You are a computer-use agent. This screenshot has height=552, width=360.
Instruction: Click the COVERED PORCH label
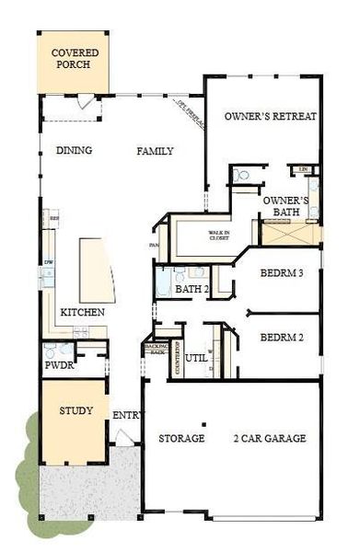pyautogui.click(x=75, y=60)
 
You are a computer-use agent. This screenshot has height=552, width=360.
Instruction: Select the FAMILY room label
pyautogui.click(x=156, y=151)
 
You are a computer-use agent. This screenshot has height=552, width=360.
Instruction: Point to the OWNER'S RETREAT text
pyautogui.click(x=271, y=117)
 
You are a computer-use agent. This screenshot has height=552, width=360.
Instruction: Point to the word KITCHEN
pyautogui.click(x=83, y=313)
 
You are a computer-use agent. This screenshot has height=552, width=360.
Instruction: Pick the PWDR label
pyautogui.click(x=59, y=364)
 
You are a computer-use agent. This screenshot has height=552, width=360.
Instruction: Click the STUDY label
pyautogui.click(x=75, y=410)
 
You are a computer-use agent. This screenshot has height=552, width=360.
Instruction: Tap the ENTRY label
pyautogui.click(x=126, y=415)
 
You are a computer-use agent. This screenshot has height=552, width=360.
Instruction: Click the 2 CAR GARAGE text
pyautogui.click(x=269, y=438)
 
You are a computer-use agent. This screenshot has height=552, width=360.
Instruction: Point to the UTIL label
pyautogui.click(x=195, y=358)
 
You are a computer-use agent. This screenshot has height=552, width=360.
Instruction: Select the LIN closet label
pyautogui.click(x=304, y=170)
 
